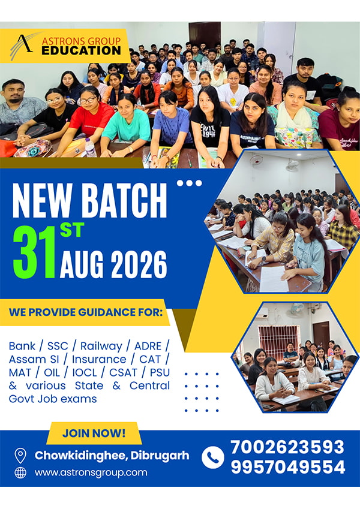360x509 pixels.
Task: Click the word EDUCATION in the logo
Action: click(x=81, y=50)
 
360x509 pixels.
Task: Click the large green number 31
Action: click(x=34, y=252)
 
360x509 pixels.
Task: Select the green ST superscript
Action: click(x=72, y=230)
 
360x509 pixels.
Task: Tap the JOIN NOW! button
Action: click(x=94, y=433)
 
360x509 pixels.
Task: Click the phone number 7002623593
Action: click(x=287, y=447)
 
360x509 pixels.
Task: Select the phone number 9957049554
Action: click(x=288, y=467)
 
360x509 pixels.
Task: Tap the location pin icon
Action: click(x=20, y=456)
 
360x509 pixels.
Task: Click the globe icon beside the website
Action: click(x=20, y=472)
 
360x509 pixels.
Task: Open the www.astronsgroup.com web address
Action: click(x=91, y=472)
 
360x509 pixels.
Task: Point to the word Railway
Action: click(x=101, y=347)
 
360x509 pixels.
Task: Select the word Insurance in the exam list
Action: click(x=99, y=359)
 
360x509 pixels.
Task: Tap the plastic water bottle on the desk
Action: click(x=90, y=147)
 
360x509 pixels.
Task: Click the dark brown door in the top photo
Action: click(x=205, y=35)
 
